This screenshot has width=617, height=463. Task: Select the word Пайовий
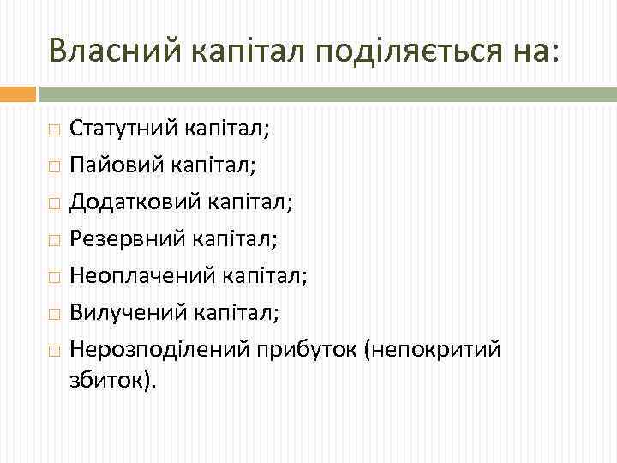pyautogui.click(x=111, y=160)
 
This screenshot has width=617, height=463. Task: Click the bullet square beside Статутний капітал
pyautogui.click(x=55, y=131)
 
